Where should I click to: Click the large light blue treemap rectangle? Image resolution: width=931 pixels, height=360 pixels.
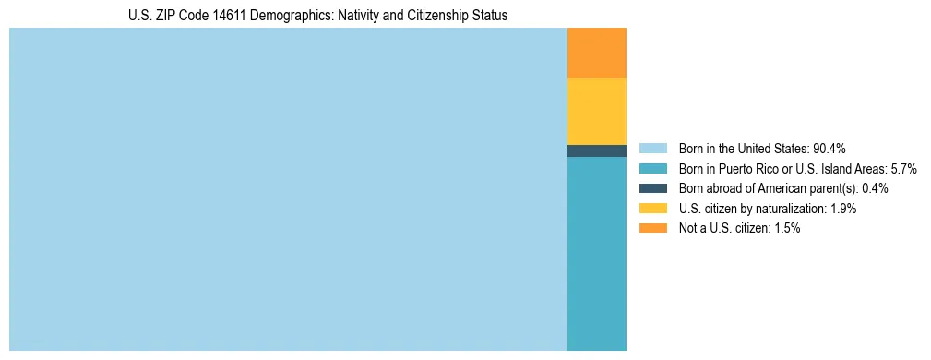tap(288, 189)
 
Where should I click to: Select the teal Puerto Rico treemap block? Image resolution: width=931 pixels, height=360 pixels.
tap(596, 254)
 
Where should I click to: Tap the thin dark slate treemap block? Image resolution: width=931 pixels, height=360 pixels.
tap(596, 150)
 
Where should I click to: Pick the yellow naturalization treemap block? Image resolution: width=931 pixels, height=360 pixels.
tap(596, 112)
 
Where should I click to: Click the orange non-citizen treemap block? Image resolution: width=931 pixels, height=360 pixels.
tap(596, 54)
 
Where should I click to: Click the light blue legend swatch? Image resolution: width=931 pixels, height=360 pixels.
tap(652, 149)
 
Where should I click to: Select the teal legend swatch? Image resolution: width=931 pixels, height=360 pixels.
tap(652, 169)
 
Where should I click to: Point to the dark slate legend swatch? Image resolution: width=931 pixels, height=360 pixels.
tap(652, 188)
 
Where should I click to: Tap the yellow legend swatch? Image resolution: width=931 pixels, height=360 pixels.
tap(652, 209)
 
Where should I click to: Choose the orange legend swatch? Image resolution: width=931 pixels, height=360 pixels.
tap(652, 228)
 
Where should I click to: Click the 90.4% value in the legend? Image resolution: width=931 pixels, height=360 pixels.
tap(830, 149)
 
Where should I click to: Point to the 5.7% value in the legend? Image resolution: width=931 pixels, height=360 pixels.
tap(902, 169)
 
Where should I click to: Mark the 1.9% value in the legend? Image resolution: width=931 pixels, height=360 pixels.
tap(842, 209)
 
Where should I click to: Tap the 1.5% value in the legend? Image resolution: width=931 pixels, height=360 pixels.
tap(786, 228)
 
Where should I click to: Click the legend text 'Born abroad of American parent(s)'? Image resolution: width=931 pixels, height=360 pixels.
tap(768, 188)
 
